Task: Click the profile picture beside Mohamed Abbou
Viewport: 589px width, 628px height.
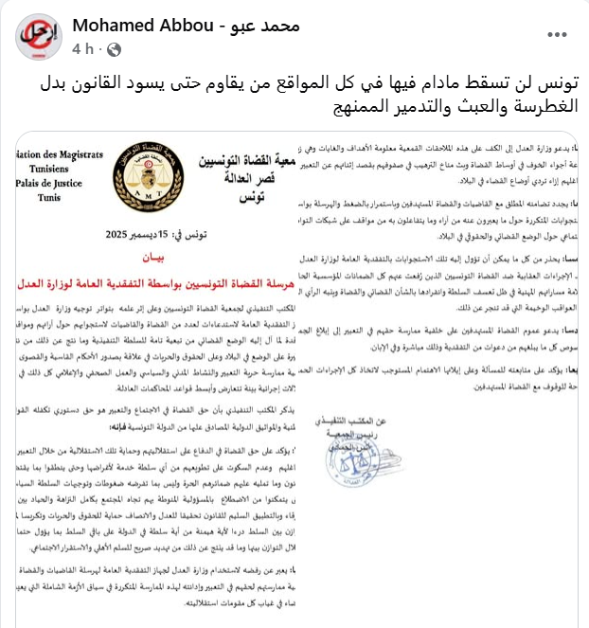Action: (x=35, y=36)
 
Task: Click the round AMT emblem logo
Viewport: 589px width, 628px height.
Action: (x=133, y=171)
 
